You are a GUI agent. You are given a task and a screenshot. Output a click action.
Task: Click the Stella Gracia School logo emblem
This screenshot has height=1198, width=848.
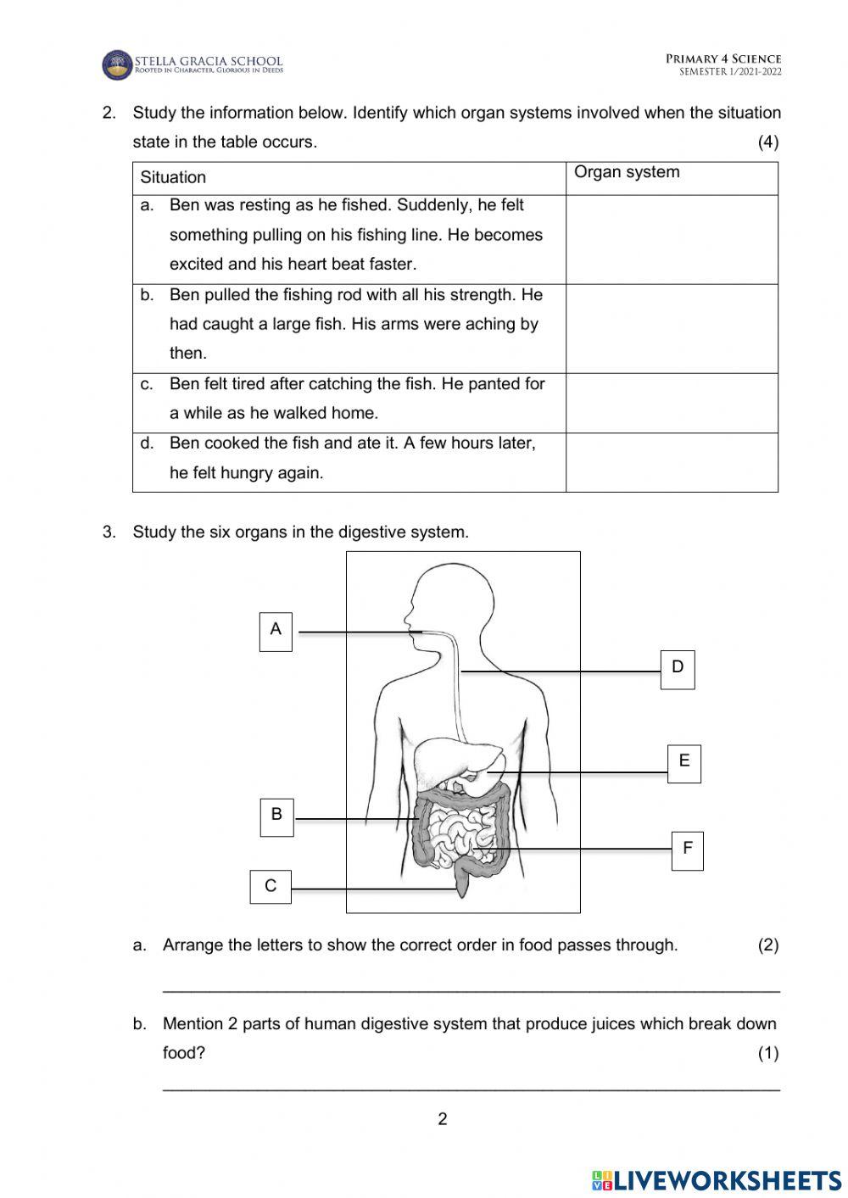[117, 65]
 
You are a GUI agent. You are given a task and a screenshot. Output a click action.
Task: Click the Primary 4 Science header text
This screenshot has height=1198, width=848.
[723, 59]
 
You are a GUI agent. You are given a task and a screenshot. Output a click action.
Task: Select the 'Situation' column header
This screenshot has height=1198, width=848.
[173, 177]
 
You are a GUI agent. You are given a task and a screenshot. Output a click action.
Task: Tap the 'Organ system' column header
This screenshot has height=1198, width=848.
[627, 172]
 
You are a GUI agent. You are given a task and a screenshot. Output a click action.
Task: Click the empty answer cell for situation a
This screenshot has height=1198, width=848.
[672, 240]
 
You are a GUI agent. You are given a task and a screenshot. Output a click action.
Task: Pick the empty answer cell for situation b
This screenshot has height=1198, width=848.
[672, 329]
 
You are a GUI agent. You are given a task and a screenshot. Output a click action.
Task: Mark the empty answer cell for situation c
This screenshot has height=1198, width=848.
[672, 404]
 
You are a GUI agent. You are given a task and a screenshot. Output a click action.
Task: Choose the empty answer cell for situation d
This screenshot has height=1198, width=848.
[672, 463]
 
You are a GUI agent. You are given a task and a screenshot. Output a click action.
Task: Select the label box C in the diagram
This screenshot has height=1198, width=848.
[271, 887]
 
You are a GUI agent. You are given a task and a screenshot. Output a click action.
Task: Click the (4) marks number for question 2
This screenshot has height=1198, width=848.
[767, 142]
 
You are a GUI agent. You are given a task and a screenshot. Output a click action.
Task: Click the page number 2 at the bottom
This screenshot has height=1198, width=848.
[442, 1119]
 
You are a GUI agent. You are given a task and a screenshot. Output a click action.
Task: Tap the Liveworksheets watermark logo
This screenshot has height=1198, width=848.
[717, 1180]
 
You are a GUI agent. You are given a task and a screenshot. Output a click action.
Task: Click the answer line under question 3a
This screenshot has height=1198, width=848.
[471, 989]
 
